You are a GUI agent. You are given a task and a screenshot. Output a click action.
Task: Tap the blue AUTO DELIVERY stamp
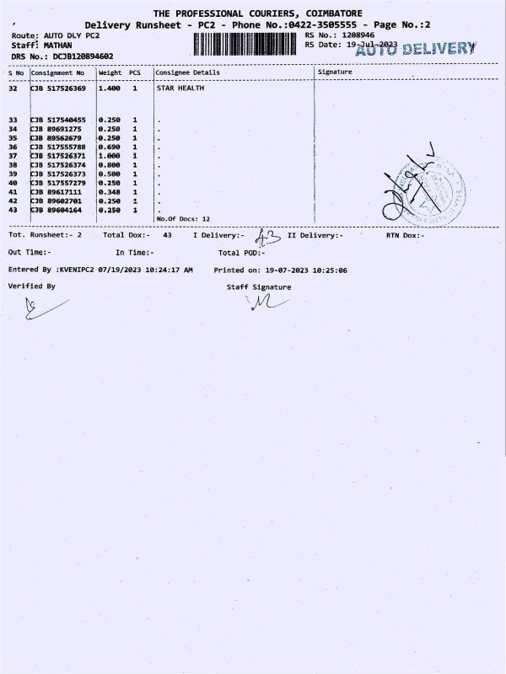[417, 49]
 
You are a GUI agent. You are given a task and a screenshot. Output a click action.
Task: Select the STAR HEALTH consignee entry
[180, 88]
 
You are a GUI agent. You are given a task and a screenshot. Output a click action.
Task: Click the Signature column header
[335, 72]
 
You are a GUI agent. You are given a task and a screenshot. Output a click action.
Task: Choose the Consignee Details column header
[187, 72]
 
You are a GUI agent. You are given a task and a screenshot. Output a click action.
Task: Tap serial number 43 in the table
[13, 210]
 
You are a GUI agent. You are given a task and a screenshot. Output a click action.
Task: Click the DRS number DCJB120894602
[83, 56]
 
